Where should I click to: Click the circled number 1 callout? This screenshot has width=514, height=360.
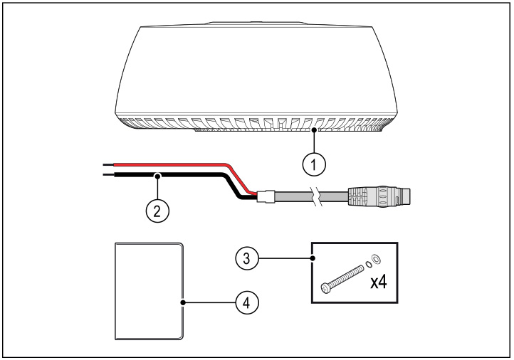313,163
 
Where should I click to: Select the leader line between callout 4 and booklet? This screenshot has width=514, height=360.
210,302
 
